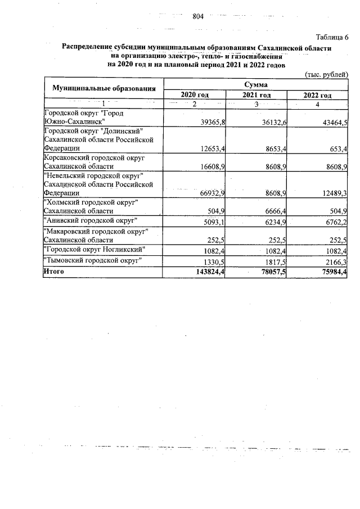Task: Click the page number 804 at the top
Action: tap(197, 16)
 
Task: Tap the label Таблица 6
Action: tap(332, 38)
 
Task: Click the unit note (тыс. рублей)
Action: tap(326, 74)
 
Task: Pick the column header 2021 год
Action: tap(256, 95)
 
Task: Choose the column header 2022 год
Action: tap(317, 95)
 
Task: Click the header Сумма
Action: tap(255, 84)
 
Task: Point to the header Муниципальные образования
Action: tap(103, 89)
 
